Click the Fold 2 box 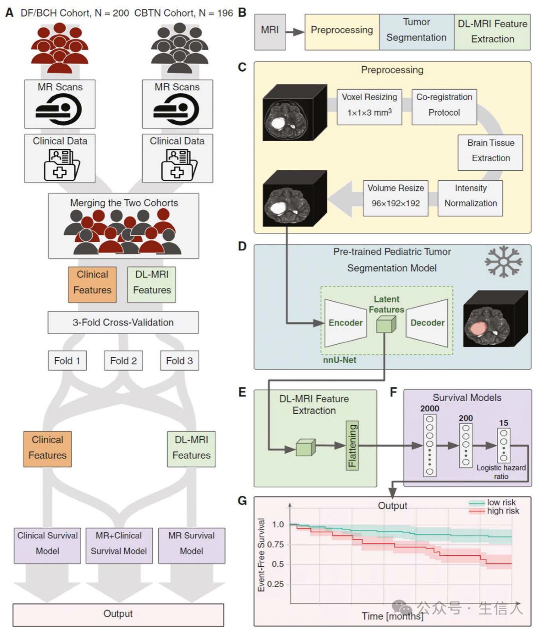pos(123,361)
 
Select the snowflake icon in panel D pos(503,261)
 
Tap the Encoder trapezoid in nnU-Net pos(345,323)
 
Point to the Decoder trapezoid pos(427,323)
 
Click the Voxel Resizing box pos(369,104)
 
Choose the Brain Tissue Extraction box pos(490,150)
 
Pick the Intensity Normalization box pos(470,196)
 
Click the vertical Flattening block pos(353,445)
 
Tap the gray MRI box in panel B pos(269,30)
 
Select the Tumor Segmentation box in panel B pos(416,30)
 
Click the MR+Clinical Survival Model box pos(119,543)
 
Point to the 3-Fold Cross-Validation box pos(123,323)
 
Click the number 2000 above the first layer pos(429,409)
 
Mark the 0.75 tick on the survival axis pos(275,544)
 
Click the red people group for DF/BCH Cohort pos(60,48)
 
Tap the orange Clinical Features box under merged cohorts pos(92,282)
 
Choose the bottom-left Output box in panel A pos(118,614)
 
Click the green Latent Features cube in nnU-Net pos(386,325)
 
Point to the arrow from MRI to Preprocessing pos(296,32)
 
